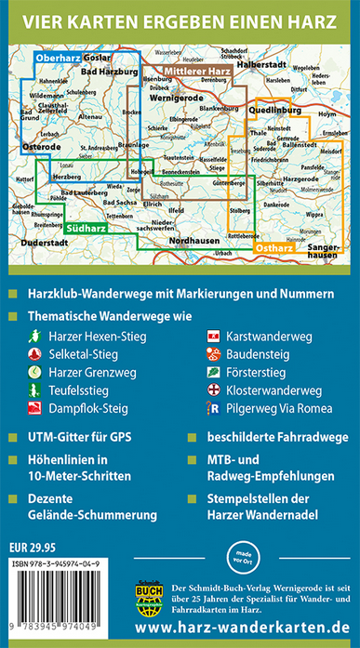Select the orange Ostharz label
[x=274, y=248]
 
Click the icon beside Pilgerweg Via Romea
[x=215, y=408]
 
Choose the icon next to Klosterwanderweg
[x=215, y=390]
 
